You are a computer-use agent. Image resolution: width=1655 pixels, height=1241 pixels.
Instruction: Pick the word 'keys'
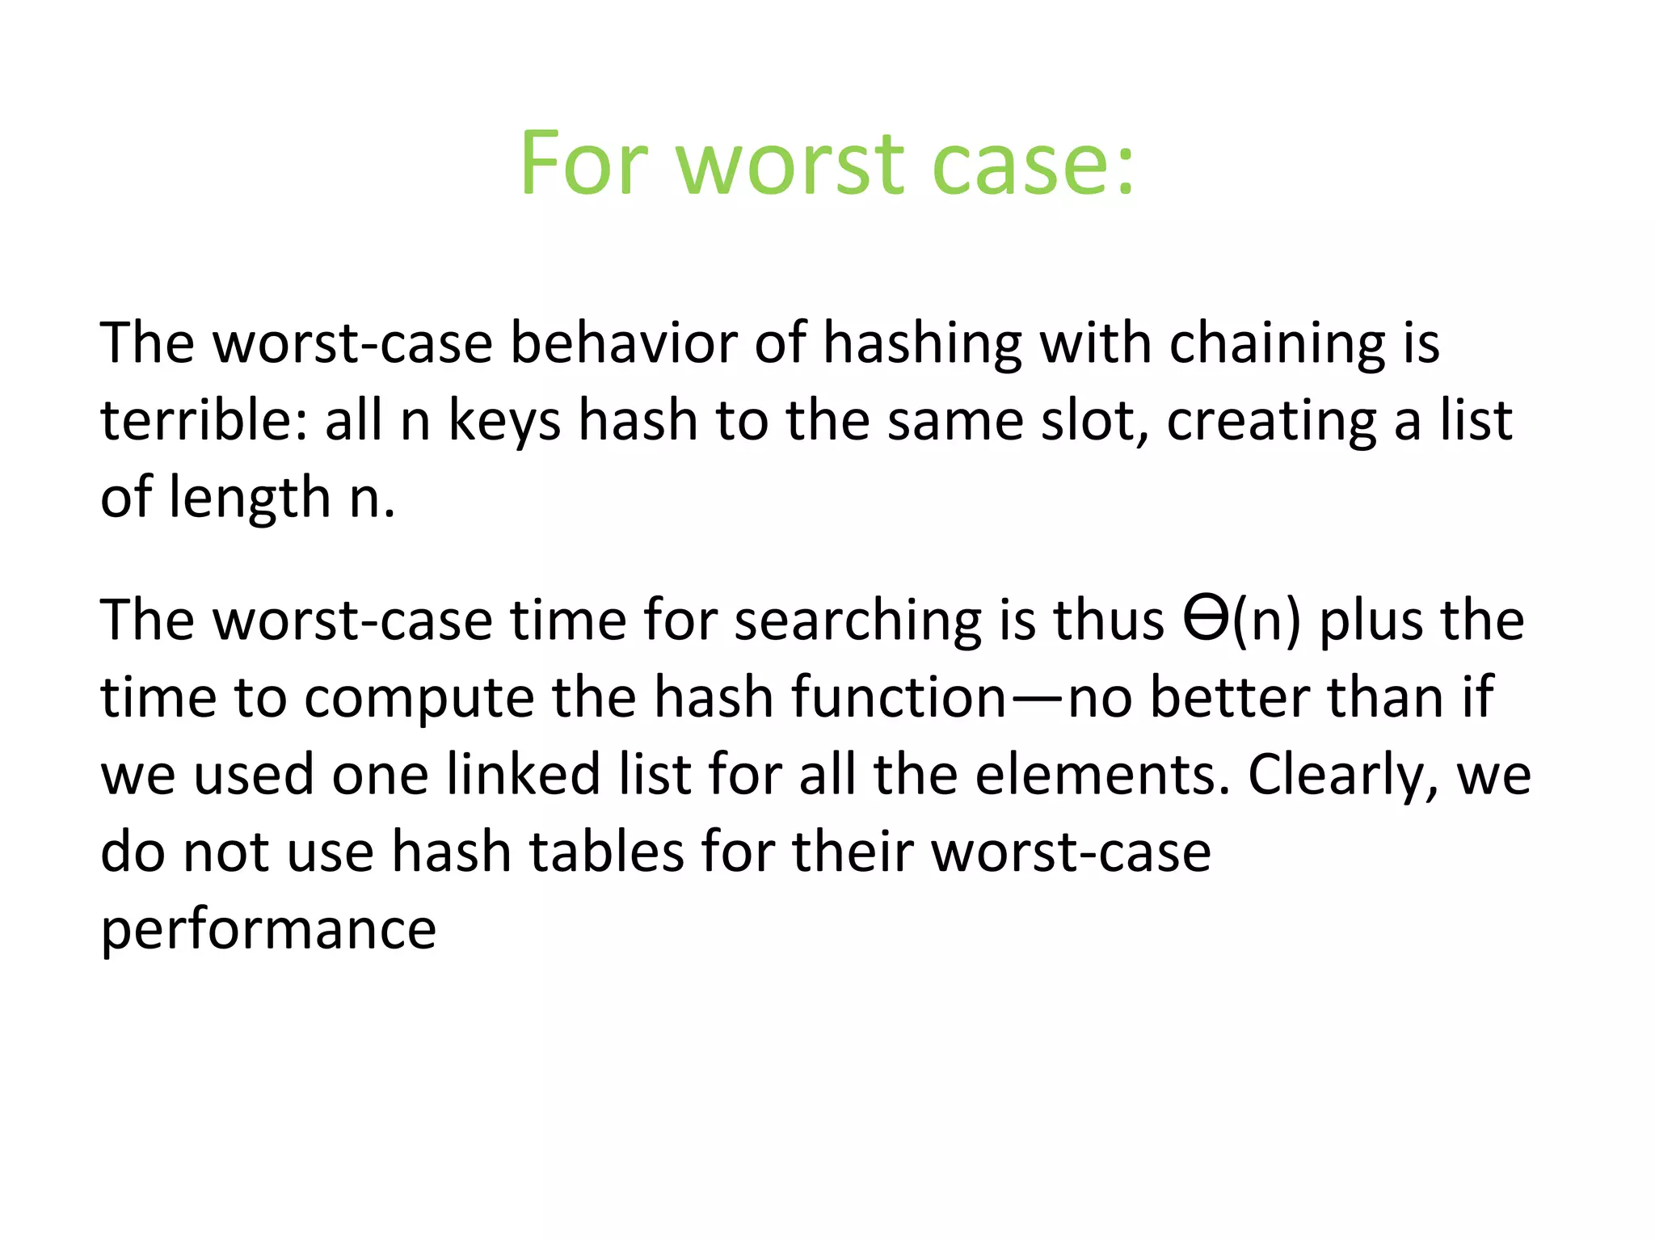tap(504, 422)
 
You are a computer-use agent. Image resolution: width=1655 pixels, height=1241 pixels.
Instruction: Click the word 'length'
tap(250, 497)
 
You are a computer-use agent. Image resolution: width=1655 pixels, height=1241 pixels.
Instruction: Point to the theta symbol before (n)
tap(1206, 619)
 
